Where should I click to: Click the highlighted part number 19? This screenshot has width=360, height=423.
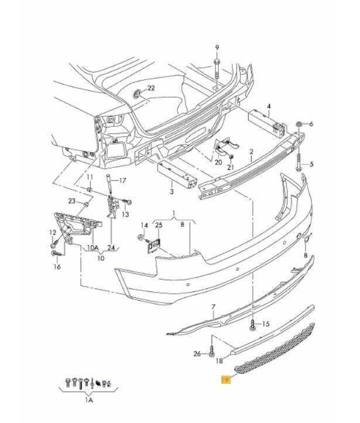point(225,380)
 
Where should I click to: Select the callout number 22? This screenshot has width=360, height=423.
point(151,88)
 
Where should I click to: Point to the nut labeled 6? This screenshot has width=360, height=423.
point(299,124)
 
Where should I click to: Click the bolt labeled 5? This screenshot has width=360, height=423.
point(299,163)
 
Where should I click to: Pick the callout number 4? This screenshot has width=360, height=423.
point(269,106)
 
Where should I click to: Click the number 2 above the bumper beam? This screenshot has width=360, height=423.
point(252,152)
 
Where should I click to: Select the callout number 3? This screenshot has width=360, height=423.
point(172,192)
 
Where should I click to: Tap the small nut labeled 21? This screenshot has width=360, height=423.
point(231,156)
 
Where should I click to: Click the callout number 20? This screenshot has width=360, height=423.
point(218,162)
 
